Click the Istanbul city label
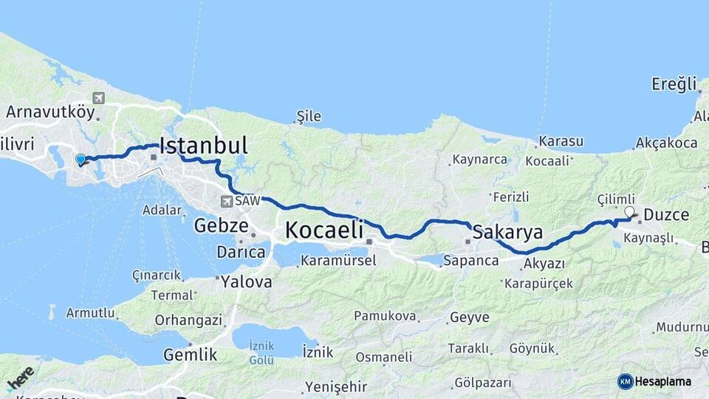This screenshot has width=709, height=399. point(203,145)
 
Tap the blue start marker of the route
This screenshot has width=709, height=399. point(81,159)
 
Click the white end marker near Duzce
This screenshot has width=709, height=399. point(629,213)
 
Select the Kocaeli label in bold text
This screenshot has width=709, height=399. point(323,230)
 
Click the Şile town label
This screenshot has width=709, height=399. point(309,116)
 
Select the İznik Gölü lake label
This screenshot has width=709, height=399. point(261,352)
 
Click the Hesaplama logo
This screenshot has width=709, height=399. point(654,381)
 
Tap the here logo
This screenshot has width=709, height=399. point(21,378)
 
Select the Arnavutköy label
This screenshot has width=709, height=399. point(50,112)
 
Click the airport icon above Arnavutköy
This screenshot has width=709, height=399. point(99,98)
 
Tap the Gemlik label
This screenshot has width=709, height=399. point(191,355)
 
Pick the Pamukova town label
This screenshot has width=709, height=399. point(384,316)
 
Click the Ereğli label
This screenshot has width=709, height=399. point(674,84)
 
